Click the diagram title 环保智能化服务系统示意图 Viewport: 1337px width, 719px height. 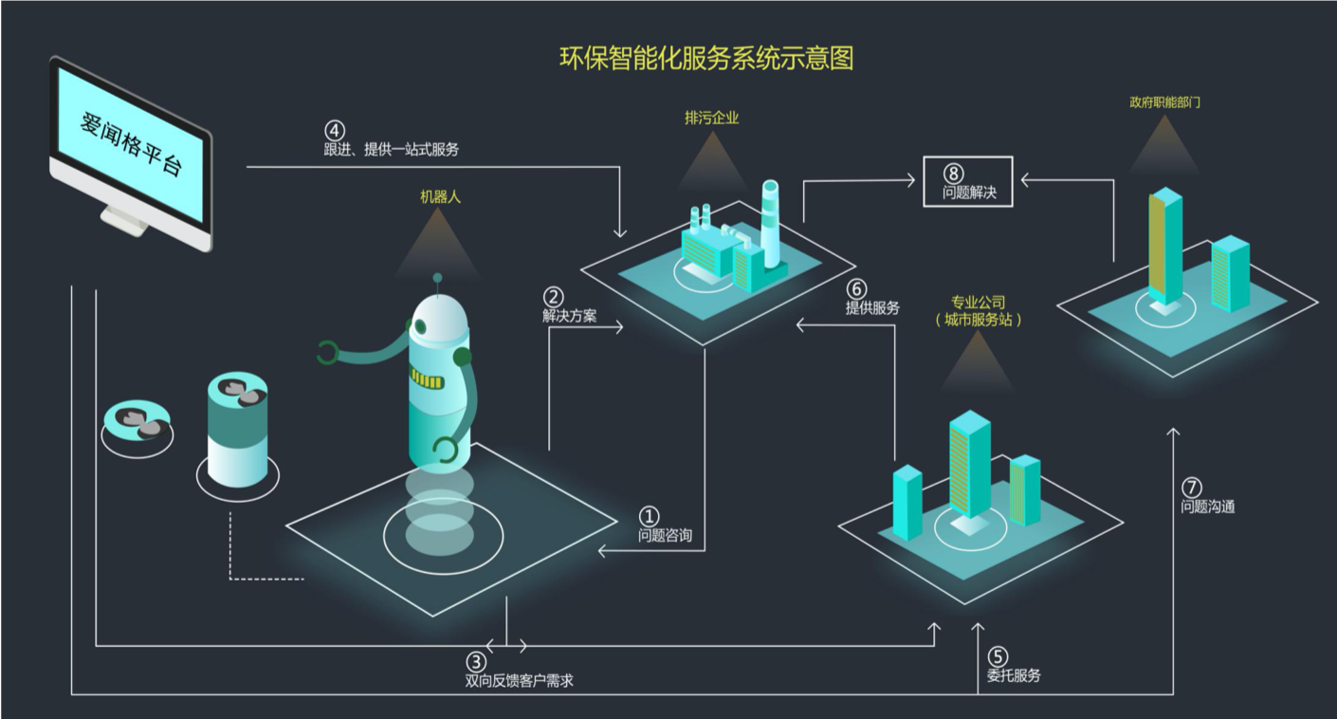pos(706,58)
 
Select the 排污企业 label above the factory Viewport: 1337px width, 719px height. pos(711,119)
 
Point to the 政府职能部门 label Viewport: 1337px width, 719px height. pos(1165,101)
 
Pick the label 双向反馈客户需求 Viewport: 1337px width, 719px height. pos(519,680)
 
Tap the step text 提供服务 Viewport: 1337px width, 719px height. pos(872,307)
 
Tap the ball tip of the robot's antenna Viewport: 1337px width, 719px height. pos(437,278)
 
